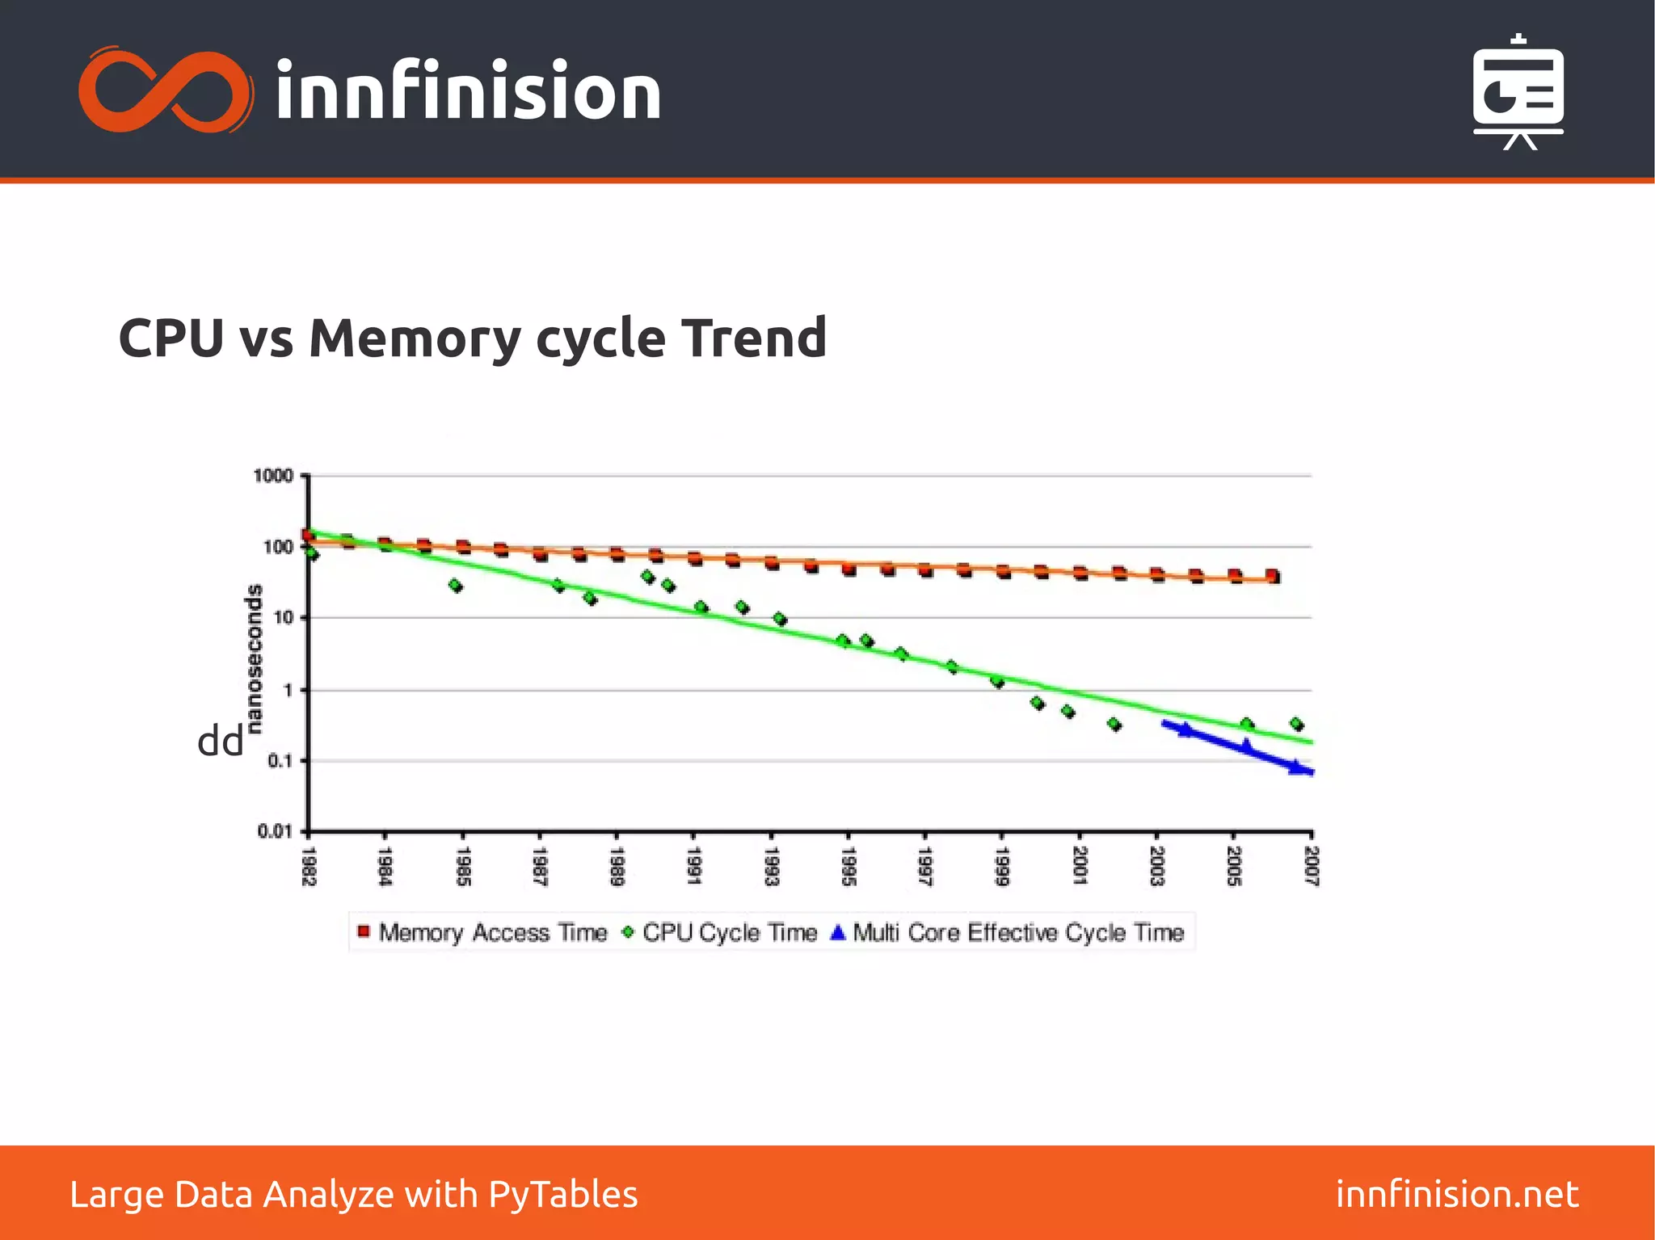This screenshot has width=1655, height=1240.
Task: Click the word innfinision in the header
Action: click(468, 91)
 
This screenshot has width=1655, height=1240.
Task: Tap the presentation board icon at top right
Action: click(1518, 93)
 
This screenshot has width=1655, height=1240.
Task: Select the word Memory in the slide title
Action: click(415, 338)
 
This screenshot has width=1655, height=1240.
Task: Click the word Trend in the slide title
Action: click(753, 338)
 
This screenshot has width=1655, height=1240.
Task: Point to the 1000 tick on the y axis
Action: click(273, 476)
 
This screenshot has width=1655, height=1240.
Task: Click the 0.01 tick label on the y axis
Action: click(274, 831)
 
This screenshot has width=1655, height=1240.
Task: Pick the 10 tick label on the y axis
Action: click(283, 618)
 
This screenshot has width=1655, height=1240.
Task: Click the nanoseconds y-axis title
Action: click(255, 658)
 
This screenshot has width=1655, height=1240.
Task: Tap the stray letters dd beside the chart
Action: click(220, 741)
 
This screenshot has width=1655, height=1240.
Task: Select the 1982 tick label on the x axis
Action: click(308, 866)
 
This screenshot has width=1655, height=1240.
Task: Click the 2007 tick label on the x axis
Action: click(1311, 866)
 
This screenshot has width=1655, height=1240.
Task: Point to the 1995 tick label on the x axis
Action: click(848, 866)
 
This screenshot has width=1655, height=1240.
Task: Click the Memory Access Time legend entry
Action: click(482, 933)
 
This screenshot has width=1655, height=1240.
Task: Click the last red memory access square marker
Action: click(1273, 577)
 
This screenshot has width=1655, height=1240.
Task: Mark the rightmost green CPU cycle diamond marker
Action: click(1296, 725)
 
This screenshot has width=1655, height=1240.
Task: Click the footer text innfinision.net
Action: click(1456, 1194)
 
